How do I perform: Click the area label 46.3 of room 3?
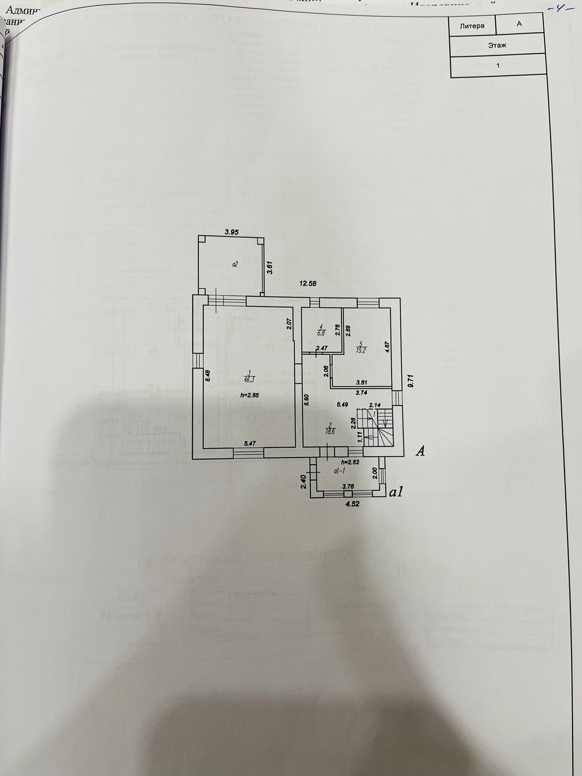(249, 379)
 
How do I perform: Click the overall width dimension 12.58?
(308, 283)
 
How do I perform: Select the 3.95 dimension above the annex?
(231, 233)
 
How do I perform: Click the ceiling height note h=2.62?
(350, 462)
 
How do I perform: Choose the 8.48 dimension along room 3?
(207, 376)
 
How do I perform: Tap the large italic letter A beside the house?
(420, 451)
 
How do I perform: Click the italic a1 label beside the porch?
(396, 492)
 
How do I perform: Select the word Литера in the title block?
(472, 26)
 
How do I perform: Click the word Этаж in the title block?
(497, 45)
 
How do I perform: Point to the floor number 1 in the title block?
(498, 66)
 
